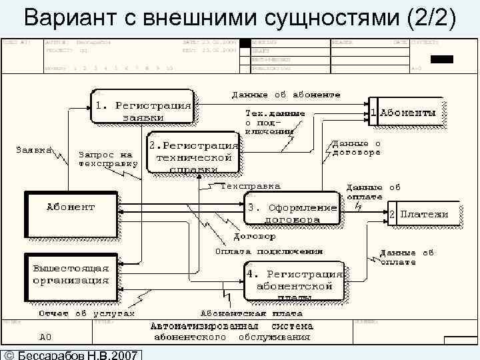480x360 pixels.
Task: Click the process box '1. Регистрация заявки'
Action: click(143, 111)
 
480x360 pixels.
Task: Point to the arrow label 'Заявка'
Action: click(34, 150)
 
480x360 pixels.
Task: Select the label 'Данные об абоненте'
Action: click(286, 95)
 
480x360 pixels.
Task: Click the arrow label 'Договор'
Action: click(254, 236)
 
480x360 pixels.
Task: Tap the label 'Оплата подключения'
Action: click(269, 252)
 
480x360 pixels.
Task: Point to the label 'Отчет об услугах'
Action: click(86, 313)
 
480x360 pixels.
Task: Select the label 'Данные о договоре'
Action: click(356, 147)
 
